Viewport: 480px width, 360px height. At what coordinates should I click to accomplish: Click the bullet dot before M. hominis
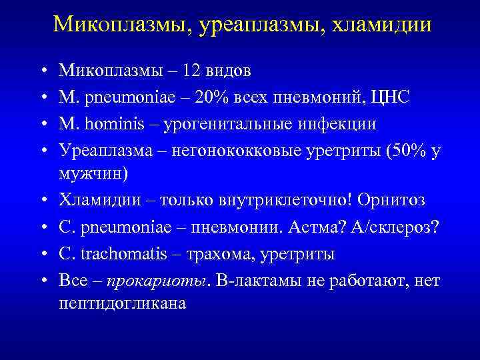click(x=42, y=125)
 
